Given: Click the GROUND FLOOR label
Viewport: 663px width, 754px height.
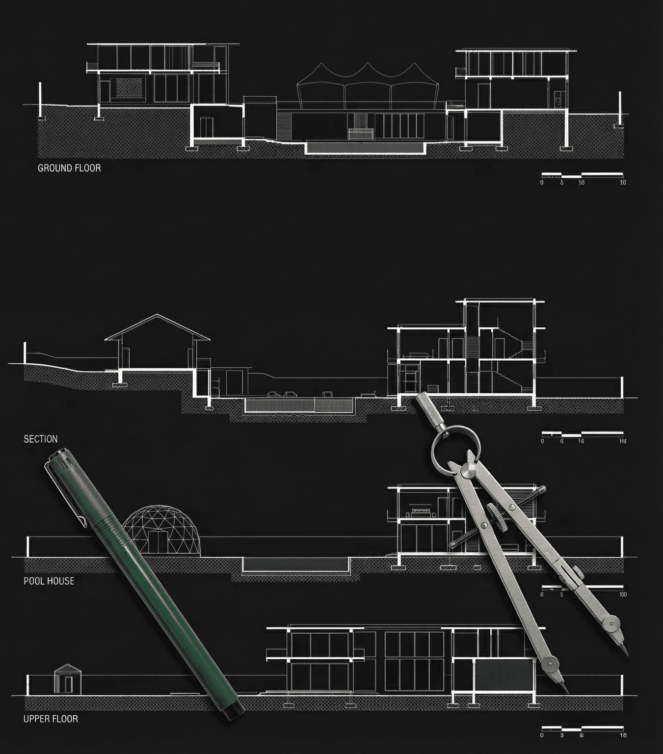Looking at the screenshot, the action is point(69,168).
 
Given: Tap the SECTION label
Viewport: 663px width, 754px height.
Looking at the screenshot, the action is point(41,439).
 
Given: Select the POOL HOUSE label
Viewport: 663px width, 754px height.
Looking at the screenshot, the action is point(49,581).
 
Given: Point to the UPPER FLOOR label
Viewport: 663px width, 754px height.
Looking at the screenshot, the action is point(51,719).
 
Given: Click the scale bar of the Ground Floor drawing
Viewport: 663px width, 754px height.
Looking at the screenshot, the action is point(582,175).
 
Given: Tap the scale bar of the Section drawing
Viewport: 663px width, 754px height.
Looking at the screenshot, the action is point(582,434).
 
